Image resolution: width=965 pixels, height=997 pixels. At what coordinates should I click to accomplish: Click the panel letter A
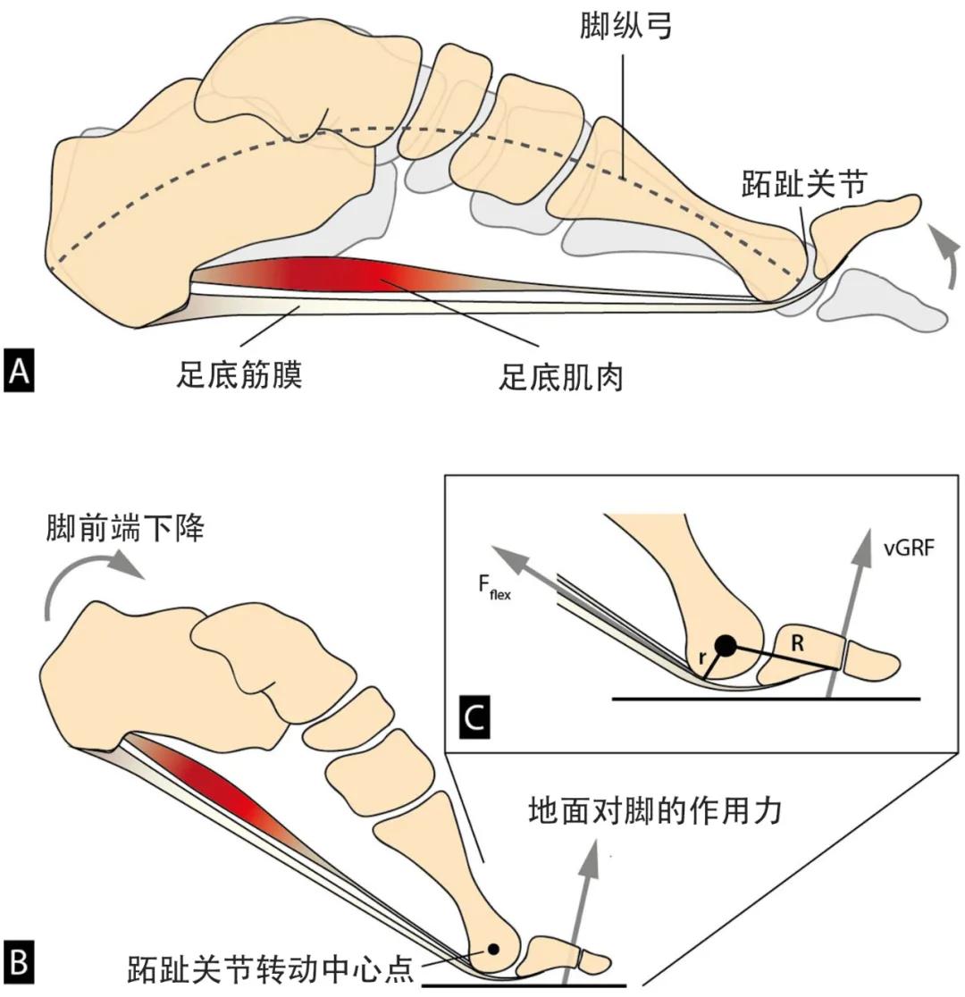19,371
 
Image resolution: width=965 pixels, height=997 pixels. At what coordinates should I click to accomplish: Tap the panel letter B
19,963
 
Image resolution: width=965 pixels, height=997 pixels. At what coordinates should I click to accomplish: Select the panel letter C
474,716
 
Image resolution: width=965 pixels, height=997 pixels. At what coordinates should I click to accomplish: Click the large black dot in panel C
725,644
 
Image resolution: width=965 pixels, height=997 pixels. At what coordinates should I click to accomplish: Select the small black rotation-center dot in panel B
491,948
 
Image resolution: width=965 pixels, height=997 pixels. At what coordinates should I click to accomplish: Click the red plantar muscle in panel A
340,273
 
